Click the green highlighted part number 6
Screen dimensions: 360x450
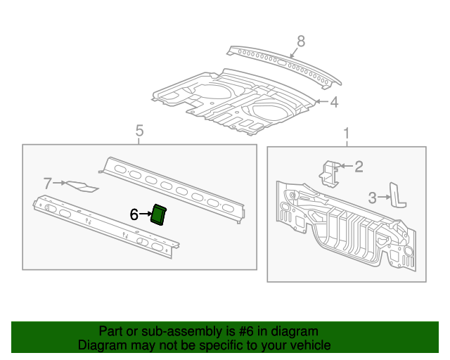click(159, 214)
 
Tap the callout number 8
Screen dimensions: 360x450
click(301, 42)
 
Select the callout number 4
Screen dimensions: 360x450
click(334, 103)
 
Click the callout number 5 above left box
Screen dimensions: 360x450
click(139, 131)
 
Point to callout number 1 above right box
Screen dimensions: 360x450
click(346, 133)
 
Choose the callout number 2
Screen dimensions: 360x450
click(358, 166)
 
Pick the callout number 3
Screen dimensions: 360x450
click(374, 198)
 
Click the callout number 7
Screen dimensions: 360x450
click(48, 184)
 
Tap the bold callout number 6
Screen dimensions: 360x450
click(134, 215)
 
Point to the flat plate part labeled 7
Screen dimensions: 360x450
click(82, 186)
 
